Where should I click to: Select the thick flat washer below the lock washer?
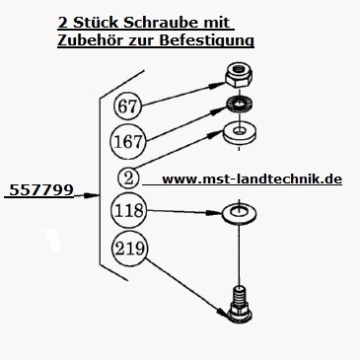[x=237, y=132]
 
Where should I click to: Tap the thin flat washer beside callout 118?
[x=237, y=213]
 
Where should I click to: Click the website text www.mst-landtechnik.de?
[x=251, y=180]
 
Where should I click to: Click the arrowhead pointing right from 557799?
[x=97, y=196]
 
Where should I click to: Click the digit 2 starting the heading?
[x=62, y=20]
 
